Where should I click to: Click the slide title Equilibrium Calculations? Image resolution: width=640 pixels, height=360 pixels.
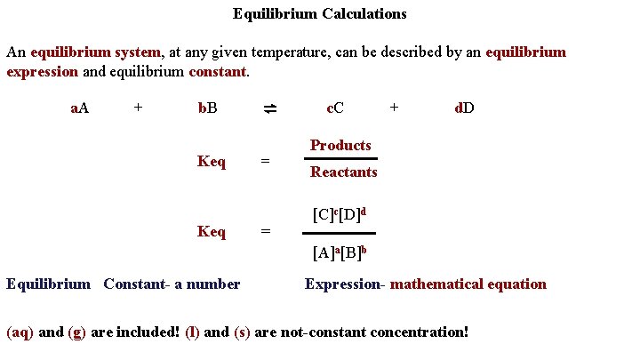tap(319, 13)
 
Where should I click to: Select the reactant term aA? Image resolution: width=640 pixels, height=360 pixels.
tap(79, 108)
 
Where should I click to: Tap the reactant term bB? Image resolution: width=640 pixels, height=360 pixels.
tap(207, 108)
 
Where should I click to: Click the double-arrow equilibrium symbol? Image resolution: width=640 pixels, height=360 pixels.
tap(270, 108)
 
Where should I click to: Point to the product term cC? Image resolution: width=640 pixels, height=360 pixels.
tap(335, 108)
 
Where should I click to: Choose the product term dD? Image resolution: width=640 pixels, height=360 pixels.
tap(464, 108)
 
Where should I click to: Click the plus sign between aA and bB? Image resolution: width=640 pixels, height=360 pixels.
tap(138, 108)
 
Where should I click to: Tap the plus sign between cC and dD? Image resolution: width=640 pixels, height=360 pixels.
tap(395, 108)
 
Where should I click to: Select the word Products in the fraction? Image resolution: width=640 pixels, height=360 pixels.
tap(340, 145)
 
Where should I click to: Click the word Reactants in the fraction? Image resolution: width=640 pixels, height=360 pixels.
tap(343, 172)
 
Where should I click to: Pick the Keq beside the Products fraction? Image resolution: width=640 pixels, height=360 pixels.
tap(212, 162)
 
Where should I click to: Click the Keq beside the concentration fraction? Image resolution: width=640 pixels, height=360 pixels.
tap(212, 231)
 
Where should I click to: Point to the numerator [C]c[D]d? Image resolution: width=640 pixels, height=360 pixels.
tap(340, 214)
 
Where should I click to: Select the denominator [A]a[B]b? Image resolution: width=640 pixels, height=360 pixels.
tap(340, 252)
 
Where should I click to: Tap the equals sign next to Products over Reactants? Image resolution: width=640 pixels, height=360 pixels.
tap(265, 162)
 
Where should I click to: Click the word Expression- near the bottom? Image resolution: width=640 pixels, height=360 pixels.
tap(345, 284)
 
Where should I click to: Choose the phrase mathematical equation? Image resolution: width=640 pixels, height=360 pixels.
tap(468, 284)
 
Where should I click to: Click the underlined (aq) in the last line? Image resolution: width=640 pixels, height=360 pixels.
tap(20, 332)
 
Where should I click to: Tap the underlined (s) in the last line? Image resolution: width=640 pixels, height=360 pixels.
tap(242, 332)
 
